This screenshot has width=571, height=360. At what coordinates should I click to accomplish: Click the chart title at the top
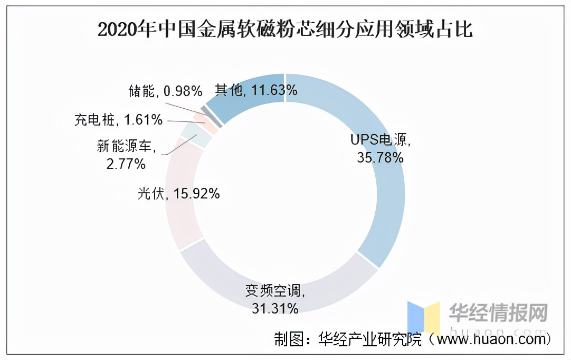tap(285, 30)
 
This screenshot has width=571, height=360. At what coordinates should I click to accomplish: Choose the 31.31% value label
tap(275, 307)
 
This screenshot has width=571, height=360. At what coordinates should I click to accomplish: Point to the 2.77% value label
tap(125, 164)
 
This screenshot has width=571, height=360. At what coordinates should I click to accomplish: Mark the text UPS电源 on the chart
tap(380, 140)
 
